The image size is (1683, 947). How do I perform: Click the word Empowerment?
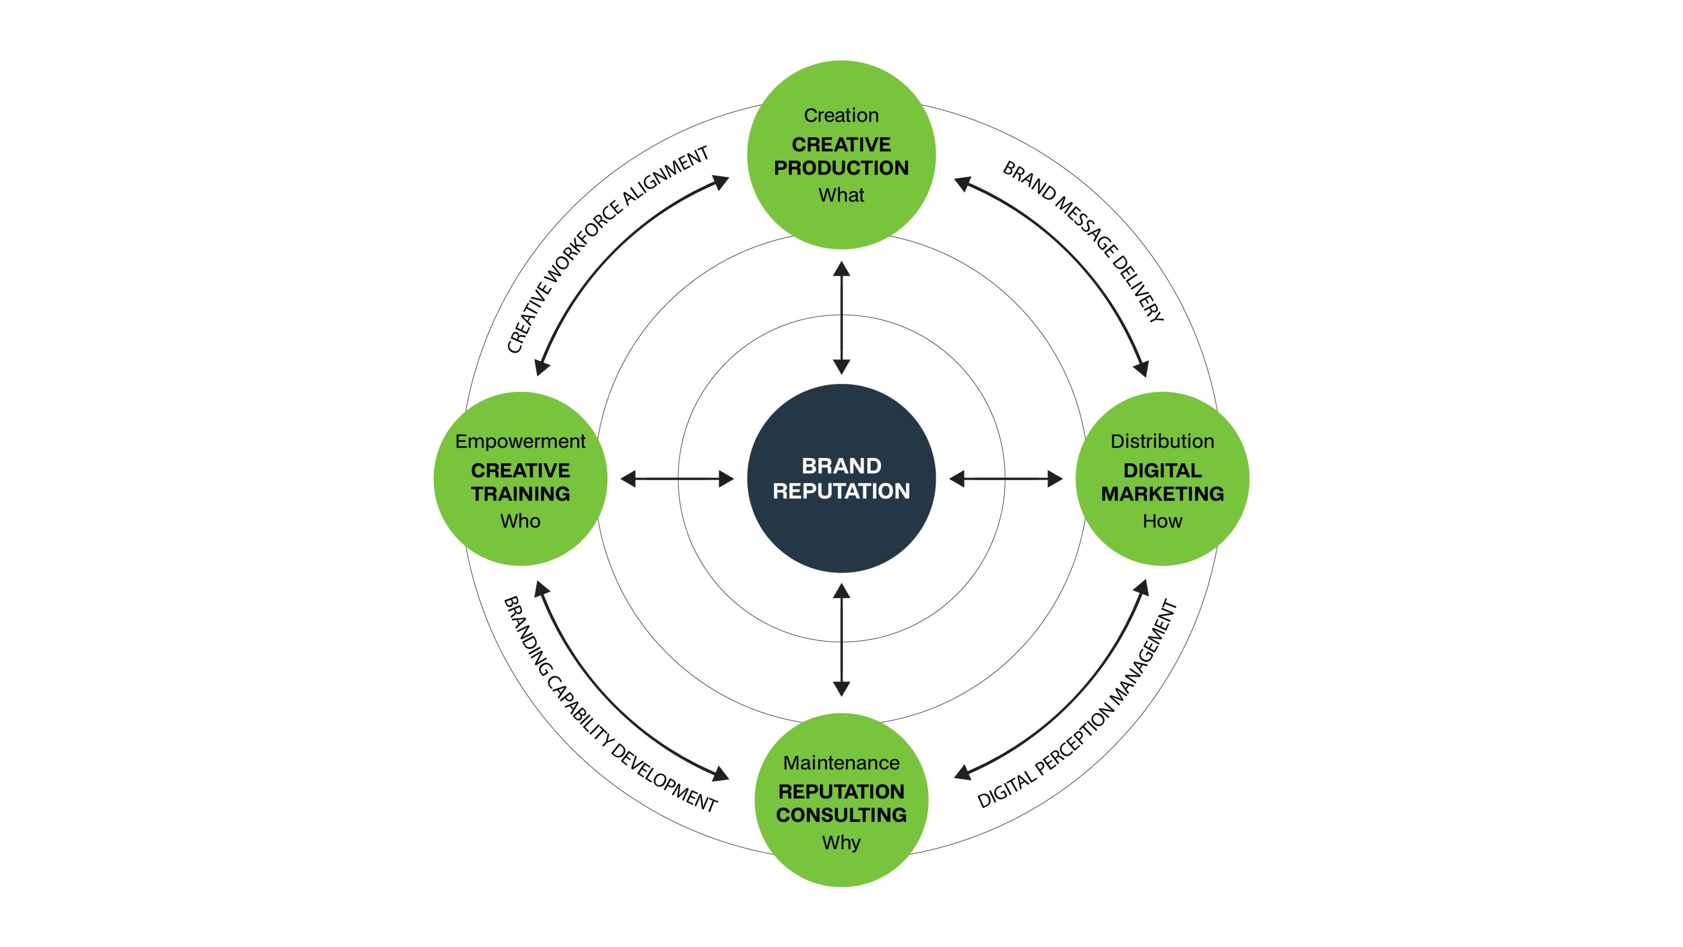pyautogui.click(x=520, y=442)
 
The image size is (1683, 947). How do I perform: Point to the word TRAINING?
pyautogui.click(x=520, y=494)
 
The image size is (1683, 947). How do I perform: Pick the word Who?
pyautogui.click(x=520, y=522)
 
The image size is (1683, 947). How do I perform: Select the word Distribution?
pyautogui.click(x=1162, y=442)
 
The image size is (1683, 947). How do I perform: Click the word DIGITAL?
pyautogui.click(x=1162, y=470)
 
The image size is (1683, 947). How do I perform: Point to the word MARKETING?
pyautogui.click(x=1162, y=494)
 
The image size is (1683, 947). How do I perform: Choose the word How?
pyautogui.click(x=1162, y=522)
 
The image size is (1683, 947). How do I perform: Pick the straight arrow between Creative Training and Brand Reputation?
pyautogui.click(x=677, y=479)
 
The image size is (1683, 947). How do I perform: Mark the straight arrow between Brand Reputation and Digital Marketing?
pyautogui.click(x=1006, y=479)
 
